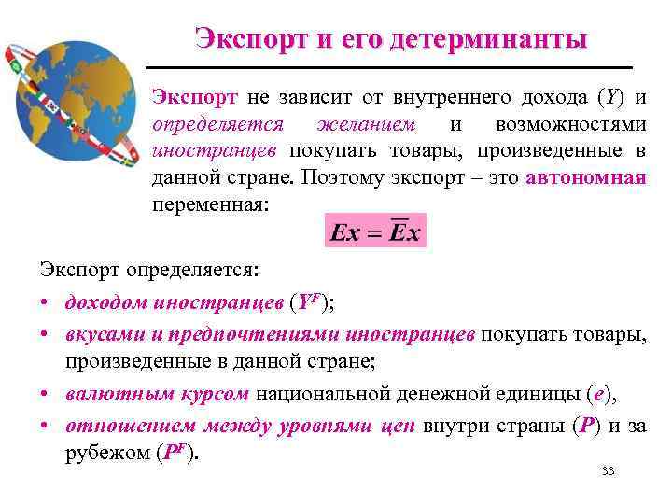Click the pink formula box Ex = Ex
click(375, 231)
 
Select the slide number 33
click(609, 470)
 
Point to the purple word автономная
click(586, 177)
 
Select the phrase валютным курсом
click(157, 394)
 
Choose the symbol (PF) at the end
click(177, 454)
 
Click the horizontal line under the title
click(390, 68)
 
